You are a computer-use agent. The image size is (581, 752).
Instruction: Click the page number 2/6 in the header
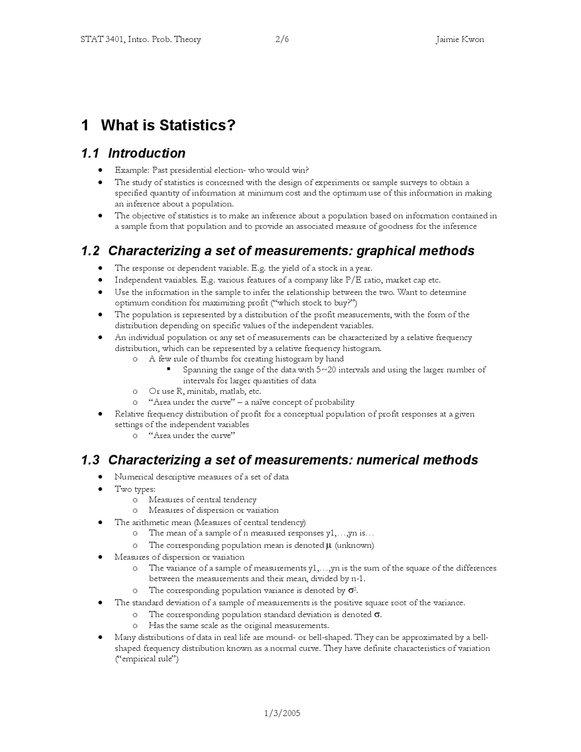coord(282,40)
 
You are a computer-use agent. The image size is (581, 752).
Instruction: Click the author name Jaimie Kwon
coord(459,40)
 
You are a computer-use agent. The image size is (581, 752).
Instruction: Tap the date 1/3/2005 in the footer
coord(282,713)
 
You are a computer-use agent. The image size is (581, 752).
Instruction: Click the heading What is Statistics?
coord(168,125)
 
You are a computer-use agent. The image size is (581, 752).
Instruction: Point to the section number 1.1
coord(90,153)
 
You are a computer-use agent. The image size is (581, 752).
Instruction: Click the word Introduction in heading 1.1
coord(147,153)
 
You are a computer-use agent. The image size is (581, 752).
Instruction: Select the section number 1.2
coord(90,251)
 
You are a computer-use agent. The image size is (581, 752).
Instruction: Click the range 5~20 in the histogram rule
coord(326,370)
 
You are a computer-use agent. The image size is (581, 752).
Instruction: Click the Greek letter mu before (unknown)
coord(329,545)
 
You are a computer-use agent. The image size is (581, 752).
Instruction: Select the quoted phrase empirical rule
coord(147,659)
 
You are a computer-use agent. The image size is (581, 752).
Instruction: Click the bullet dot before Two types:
coord(100,489)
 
